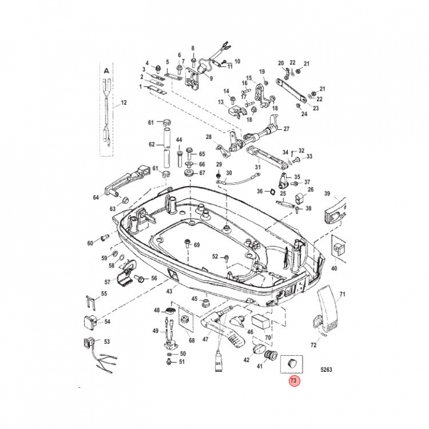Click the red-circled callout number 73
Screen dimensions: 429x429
[294, 381]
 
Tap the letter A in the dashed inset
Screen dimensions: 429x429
[106, 70]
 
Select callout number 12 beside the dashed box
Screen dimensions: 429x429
[124, 102]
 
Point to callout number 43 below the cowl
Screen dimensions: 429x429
[169, 291]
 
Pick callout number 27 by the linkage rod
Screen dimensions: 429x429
[286, 129]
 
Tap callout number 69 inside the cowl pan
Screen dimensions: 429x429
[197, 245]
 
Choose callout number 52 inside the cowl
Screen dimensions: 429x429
[216, 257]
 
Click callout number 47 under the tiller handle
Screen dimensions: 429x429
[237, 61]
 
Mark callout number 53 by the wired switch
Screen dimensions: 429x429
[107, 342]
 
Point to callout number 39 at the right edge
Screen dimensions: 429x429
[327, 194]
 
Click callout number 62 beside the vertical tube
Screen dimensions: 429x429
[151, 144]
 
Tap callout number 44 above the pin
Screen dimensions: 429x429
[179, 139]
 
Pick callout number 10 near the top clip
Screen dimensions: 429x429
[237, 61]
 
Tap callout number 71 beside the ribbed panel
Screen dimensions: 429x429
[342, 294]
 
